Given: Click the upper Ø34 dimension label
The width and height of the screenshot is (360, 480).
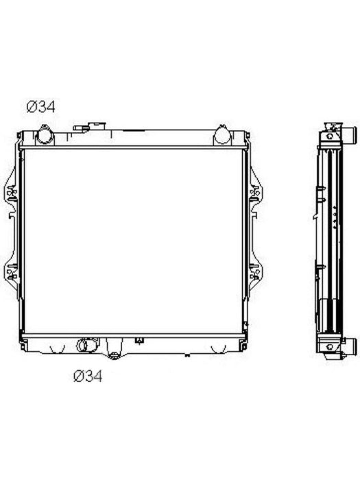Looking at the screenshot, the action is click(x=40, y=107).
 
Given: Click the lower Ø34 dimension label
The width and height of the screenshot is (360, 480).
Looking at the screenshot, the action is click(x=88, y=376).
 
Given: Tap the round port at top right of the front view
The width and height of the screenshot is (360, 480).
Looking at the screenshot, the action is click(x=222, y=135).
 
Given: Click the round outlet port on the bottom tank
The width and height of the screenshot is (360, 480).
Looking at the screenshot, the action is click(x=82, y=345).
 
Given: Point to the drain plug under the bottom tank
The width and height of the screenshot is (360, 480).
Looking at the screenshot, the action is click(x=115, y=355).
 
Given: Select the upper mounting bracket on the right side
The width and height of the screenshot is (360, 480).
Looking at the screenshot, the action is click(x=256, y=193).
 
